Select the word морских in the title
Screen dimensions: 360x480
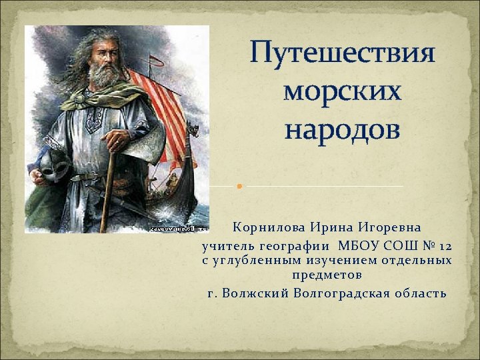click(x=342, y=92)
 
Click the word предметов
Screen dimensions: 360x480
click(x=327, y=274)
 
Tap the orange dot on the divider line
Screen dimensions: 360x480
click(x=239, y=185)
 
